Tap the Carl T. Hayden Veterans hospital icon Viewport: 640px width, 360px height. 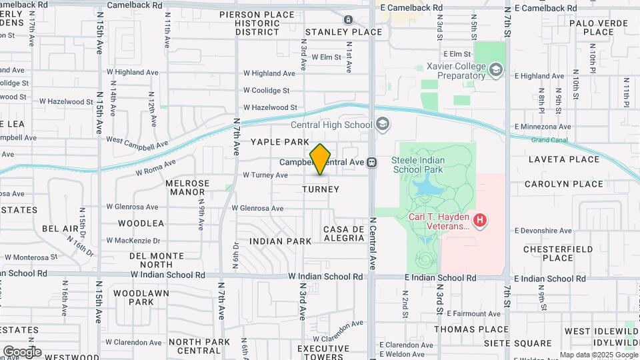[x=479, y=219]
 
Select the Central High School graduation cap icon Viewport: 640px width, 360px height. [x=382, y=125]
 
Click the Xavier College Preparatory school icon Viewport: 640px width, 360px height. [x=495, y=69]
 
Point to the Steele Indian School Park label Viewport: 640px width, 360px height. [x=427, y=165]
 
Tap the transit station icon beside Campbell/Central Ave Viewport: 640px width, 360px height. [x=372, y=162]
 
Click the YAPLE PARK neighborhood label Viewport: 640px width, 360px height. [x=280, y=142]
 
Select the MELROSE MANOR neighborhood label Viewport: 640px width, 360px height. [x=187, y=187]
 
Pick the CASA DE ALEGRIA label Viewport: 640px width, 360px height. [x=343, y=233]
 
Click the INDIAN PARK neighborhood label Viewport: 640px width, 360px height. [x=281, y=241]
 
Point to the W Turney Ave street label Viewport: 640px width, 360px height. [x=265, y=175]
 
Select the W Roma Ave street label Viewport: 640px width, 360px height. [x=155, y=167]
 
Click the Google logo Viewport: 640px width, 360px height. [x=22, y=352]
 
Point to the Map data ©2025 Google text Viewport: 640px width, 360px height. [x=598, y=355]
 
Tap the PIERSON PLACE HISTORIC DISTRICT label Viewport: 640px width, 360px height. [x=257, y=23]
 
